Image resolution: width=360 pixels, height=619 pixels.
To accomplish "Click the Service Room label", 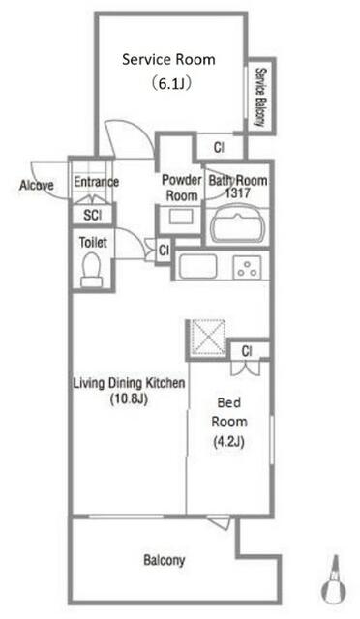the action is click(x=168, y=60).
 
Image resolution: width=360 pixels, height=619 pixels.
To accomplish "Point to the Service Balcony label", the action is click(x=260, y=97).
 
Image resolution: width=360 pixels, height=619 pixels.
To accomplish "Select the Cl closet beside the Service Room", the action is click(x=219, y=148).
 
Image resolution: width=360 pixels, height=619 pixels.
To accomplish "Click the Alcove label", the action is click(x=37, y=185).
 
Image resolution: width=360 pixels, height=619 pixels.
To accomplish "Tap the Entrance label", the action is click(x=97, y=182).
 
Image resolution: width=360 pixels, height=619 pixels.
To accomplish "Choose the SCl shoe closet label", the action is click(x=93, y=215).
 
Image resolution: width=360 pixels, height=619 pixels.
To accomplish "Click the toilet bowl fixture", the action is click(x=92, y=270).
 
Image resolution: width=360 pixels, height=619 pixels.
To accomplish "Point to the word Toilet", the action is click(x=93, y=242).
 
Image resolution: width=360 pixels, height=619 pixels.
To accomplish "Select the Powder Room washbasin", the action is click(x=181, y=217).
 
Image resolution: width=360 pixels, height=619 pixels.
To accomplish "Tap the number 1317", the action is click(x=237, y=193).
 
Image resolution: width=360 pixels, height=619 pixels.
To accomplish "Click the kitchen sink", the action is click(x=197, y=267).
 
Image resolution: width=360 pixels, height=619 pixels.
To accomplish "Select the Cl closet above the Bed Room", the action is click(x=247, y=350).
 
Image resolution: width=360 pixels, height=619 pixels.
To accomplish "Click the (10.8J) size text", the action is click(x=129, y=399).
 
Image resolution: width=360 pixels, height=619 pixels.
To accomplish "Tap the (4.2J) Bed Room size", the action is click(x=228, y=441).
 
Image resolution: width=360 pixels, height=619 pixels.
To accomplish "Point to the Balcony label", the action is click(x=164, y=561).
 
